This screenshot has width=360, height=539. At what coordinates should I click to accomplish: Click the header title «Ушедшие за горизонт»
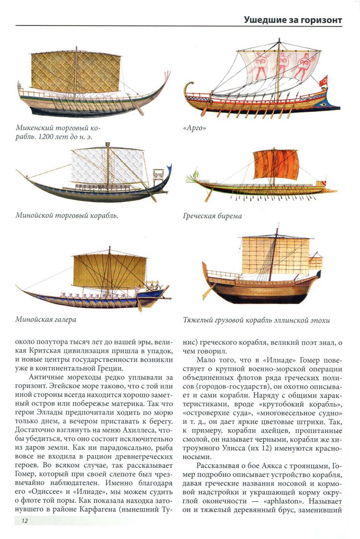pyautogui.click(x=293, y=20)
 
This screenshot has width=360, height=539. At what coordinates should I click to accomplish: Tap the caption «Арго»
pyautogui.click(x=194, y=129)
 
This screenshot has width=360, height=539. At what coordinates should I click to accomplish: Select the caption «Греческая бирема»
pyautogui.click(x=212, y=216)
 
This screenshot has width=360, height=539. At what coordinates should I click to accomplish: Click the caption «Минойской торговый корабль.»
pyautogui.click(x=67, y=215)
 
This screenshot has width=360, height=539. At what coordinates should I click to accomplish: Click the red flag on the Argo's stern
pyautogui.click(x=323, y=80)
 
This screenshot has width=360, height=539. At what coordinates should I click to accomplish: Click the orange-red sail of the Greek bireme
pyautogui.click(x=276, y=165)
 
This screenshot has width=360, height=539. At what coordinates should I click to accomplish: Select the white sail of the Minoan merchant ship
pyautogui.click(x=107, y=165)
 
